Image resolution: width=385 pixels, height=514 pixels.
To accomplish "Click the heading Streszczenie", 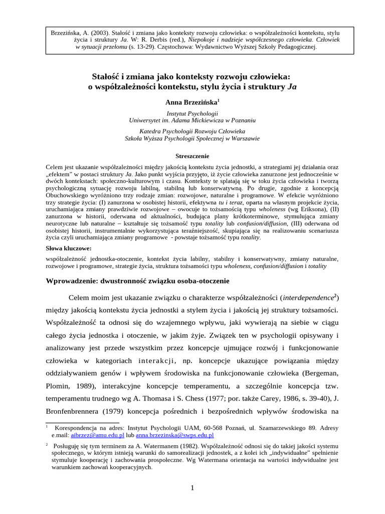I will (x=192, y=156).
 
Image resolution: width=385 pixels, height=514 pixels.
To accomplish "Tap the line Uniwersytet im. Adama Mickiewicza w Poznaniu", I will (x=192, y=121).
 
